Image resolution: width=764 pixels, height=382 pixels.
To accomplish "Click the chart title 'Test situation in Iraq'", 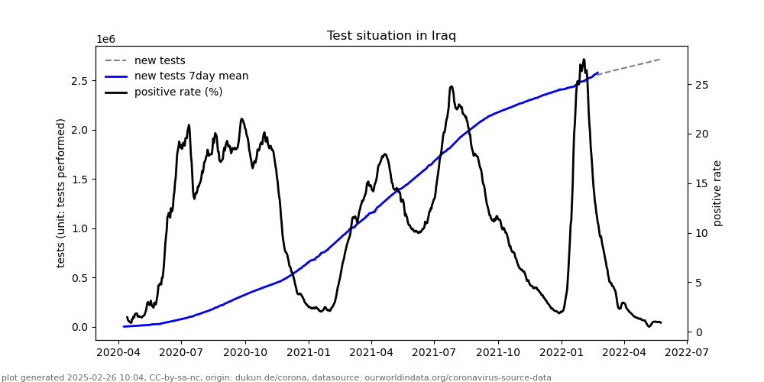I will (x=391, y=36).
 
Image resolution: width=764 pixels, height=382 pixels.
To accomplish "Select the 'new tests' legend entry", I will (x=160, y=60).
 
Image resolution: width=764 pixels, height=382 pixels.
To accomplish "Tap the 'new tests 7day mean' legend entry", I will (x=191, y=76).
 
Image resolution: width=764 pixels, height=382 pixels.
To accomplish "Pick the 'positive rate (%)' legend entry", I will (x=178, y=92).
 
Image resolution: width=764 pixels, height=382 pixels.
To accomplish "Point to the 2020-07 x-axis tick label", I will (x=181, y=354).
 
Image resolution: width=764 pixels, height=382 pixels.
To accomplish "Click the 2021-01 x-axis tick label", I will (x=308, y=354).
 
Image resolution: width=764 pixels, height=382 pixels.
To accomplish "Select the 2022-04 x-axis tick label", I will (x=623, y=354).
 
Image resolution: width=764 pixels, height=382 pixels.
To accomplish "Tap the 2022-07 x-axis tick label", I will (x=687, y=354).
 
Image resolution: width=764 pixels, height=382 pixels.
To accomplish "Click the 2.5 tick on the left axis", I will (x=79, y=81).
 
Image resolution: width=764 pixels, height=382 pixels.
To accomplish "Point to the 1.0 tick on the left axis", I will (x=79, y=228).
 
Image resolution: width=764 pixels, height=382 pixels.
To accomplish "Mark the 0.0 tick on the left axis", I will (x=79, y=327).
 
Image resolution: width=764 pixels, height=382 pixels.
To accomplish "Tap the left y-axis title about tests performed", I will (x=61, y=193).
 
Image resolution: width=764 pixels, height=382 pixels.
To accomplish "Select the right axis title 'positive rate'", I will (x=717, y=193).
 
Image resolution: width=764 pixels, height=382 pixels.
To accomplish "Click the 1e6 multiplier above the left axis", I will (x=106, y=40).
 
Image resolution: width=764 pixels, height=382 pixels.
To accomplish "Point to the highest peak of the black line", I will (x=584, y=60).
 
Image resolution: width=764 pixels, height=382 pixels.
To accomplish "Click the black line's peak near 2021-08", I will (x=451, y=87).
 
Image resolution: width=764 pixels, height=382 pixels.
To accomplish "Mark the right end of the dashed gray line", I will (x=660, y=59).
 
